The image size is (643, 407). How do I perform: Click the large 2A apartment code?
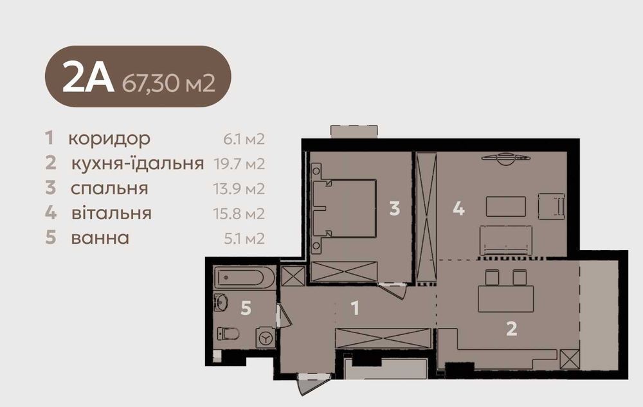point(87,77)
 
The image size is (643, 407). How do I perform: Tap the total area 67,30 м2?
point(168,83)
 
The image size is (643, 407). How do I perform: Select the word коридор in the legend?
point(109,140)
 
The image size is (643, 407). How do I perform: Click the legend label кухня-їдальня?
point(138,163)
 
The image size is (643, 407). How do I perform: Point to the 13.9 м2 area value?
point(239,189)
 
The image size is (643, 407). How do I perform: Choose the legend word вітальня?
point(111,213)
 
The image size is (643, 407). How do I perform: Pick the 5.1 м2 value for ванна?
point(244,239)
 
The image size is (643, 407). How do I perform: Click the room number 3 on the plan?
point(395,208)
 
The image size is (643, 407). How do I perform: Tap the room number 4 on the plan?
point(458,208)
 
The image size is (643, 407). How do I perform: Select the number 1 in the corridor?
point(355,308)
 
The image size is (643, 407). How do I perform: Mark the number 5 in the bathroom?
point(246,308)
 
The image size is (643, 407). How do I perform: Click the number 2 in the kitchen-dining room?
point(511,329)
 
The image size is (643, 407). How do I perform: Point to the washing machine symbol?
point(266,338)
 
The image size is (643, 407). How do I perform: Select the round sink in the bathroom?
point(221,303)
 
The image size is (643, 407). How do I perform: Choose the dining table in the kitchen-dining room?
point(506,299)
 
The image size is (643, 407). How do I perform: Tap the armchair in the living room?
point(552,206)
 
